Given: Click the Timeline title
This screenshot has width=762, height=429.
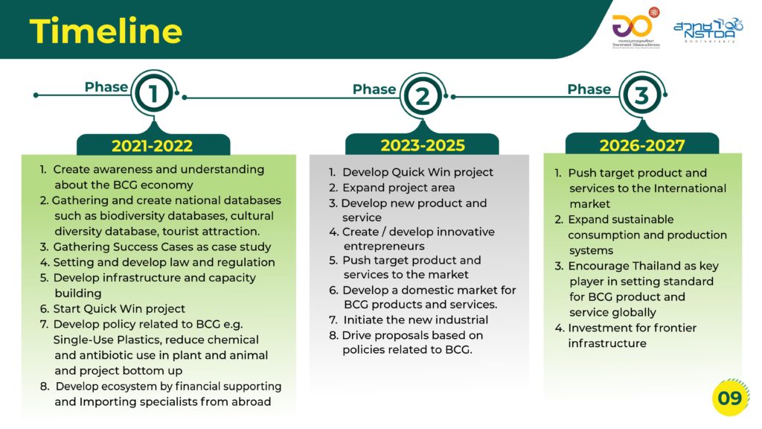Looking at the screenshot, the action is click(106, 31).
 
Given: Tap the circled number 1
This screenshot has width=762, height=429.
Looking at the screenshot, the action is click(153, 93).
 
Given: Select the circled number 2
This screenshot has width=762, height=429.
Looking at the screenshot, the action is click(423, 96).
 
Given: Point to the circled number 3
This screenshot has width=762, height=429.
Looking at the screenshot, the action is click(641, 95).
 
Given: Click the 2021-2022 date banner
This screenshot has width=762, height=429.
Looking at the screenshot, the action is click(153, 145).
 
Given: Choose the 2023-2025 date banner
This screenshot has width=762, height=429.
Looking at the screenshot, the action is click(423, 144).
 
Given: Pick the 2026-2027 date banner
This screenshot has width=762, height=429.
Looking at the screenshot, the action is click(642, 144).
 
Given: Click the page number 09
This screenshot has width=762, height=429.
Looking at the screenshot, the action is click(729, 398).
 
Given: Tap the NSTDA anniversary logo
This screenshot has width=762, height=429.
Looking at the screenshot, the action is click(708, 31).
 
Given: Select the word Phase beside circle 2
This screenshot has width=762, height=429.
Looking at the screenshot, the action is click(374, 89).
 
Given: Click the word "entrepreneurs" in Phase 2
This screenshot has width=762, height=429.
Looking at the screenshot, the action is click(384, 246).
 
